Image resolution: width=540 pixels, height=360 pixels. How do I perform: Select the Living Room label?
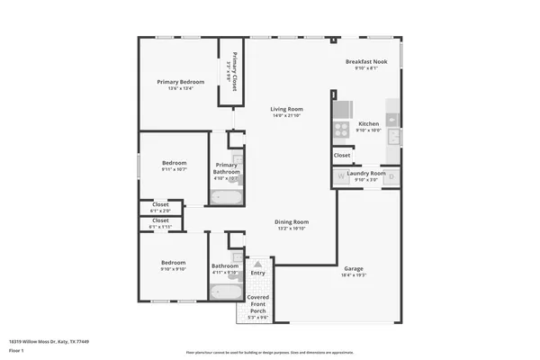click(288, 109)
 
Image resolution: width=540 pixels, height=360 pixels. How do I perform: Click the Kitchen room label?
click(369, 123)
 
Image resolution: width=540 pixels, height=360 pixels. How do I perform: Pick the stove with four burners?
click(342, 130)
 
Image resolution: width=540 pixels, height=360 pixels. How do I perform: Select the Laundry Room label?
click(367, 173)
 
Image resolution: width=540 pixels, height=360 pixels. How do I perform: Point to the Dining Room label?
click(291, 221)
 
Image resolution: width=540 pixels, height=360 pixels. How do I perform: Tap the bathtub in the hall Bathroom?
click(224, 292)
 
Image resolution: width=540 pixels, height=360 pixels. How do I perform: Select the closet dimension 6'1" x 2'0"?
click(160, 211)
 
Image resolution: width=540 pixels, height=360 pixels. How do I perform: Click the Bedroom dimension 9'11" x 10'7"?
click(175, 169)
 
